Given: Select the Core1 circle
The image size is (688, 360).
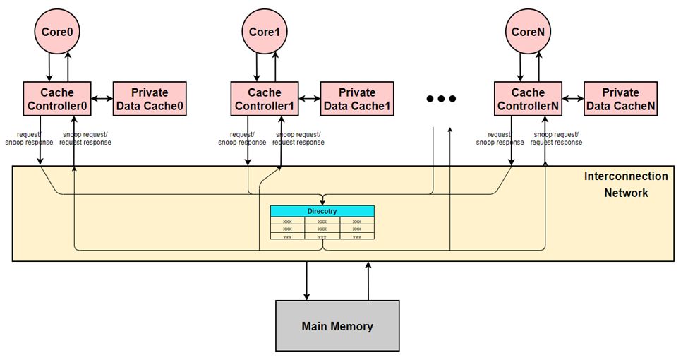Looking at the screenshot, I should click(265, 32).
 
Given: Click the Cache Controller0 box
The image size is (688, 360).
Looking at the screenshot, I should click(58, 99).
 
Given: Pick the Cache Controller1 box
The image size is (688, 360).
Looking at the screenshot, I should click(265, 99).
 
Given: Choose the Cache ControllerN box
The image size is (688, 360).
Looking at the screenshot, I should click(528, 99).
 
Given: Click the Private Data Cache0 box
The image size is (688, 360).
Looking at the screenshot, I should click(149, 99).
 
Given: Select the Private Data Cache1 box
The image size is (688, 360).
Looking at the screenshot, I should click(357, 99).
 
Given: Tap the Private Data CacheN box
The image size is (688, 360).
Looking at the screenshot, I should click(621, 99).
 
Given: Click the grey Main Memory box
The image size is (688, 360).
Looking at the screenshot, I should click(337, 326).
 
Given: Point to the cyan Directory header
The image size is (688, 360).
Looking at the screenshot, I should click(322, 211).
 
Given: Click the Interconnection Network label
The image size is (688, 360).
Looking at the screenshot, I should click(626, 184).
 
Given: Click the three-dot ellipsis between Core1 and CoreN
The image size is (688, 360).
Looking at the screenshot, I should click(442, 99).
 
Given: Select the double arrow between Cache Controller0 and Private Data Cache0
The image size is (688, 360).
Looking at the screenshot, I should click(103, 99).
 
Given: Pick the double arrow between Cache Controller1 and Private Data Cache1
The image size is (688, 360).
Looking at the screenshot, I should click(310, 99).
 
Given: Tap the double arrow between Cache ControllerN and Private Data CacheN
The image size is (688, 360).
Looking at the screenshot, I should click(573, 99).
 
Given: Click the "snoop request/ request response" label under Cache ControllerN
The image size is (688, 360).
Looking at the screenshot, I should click(557, 138).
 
